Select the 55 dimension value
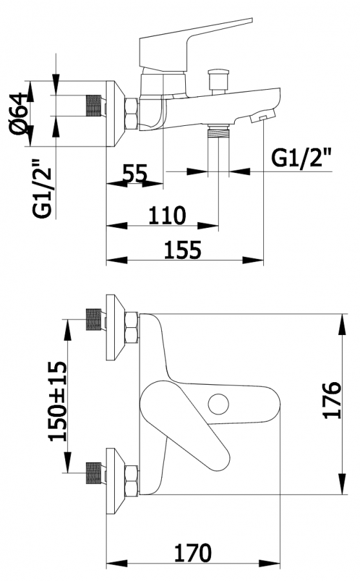coord(135,173)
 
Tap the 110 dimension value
coord(166,215)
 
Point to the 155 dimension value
coord(183,250)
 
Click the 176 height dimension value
coord(332,400)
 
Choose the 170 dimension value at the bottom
coord(193,553)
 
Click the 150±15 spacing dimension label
coord(58,401)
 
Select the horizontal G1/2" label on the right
coord(301,158)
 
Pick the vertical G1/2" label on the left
coord(41,189)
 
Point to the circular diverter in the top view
coord(219,404)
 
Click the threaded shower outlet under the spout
coord(218,131)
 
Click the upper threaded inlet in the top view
coord(94,319)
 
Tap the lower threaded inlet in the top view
coord(94,473)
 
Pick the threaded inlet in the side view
coord(94,107)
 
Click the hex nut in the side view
coord(132,114)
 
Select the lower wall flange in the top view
coord(115,481)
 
